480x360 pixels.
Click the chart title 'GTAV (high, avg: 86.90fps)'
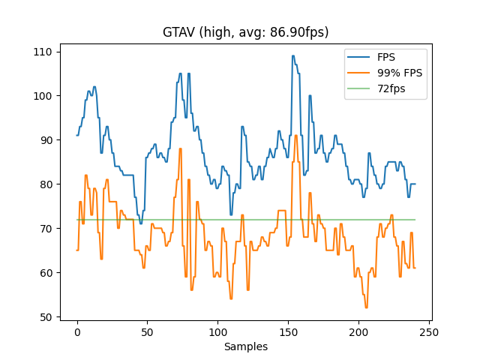pyautogui.click(x=246, y=32)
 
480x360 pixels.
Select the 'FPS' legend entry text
pyautogui.click(x=387, y=57)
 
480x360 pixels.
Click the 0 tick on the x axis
pyautogui.click(x=76, y=331)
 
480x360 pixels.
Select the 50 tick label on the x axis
pyautogui.click(x=147, y=331)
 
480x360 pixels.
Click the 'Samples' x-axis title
pyautogui.click(x=246, y=346)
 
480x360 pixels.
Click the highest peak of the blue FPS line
pyautogui.click(x=293, y=55)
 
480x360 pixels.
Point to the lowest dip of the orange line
pyautogui.click(x=366, y=307)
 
